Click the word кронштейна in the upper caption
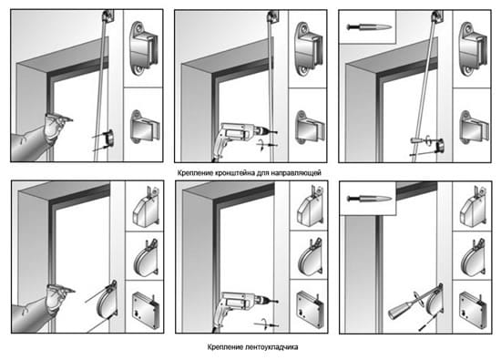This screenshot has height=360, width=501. coord(234,173)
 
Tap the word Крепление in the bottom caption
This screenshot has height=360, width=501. coord(225,347)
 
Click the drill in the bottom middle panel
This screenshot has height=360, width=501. coord(242,310)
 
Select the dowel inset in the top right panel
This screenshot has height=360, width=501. coord(367,26)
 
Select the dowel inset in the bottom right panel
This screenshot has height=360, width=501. coord(368,198)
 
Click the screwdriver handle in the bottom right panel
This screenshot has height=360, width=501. coord(399,310)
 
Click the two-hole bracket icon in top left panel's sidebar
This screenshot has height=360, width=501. coord(144,48)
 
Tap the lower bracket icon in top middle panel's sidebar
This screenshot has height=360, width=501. coord(309,129)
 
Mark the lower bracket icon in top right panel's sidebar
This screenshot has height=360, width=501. coord(474,129)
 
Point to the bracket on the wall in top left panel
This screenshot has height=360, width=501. coord(108,139)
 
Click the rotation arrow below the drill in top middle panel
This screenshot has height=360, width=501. coord(262,145)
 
